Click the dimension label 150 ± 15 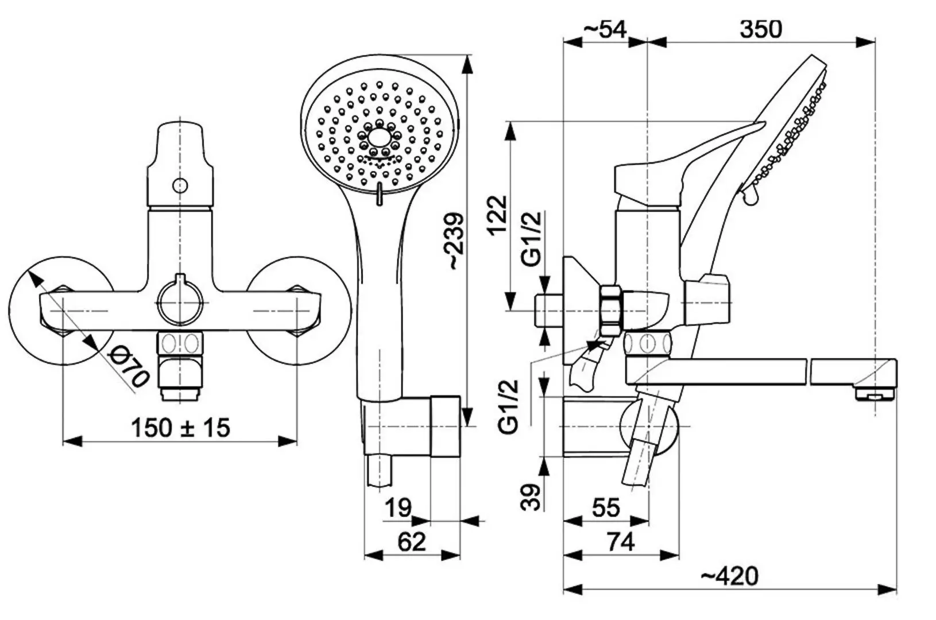180,428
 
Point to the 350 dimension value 760,29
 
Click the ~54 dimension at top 604,29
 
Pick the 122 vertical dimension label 498,216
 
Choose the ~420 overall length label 730,576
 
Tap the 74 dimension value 621,542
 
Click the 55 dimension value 606,508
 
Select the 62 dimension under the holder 412,542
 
